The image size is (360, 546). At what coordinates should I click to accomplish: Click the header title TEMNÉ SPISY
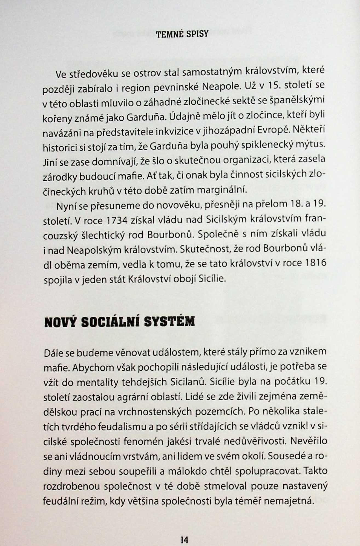point(182,34)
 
